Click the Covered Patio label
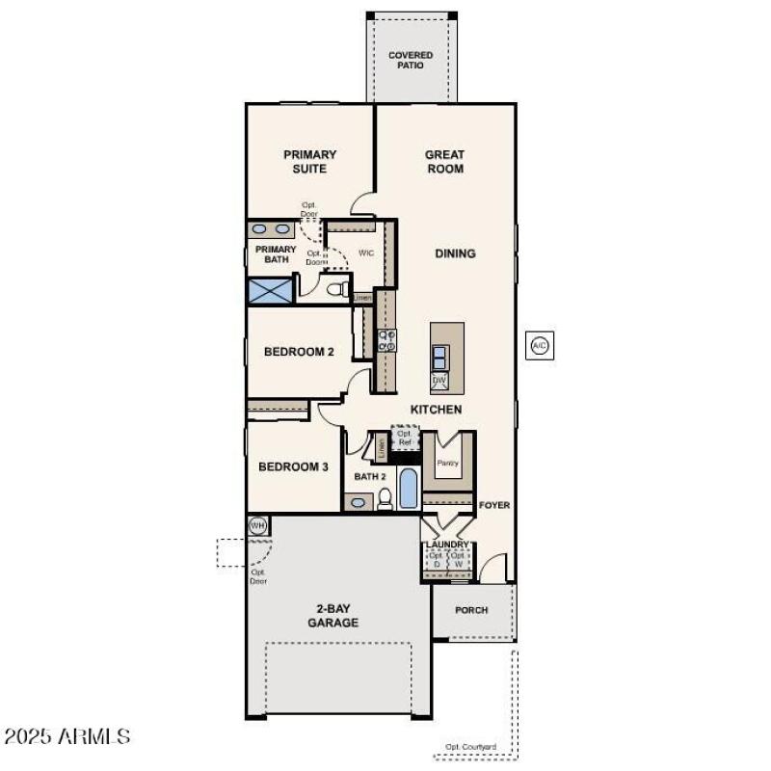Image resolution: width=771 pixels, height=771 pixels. tap(411, 61)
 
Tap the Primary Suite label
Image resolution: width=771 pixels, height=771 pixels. tap(309, 161)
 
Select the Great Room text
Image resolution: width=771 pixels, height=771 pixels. tap(444, 161)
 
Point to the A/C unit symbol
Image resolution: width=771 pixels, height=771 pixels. tap(540, 345)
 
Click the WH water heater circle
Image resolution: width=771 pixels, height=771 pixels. tap(257, 525)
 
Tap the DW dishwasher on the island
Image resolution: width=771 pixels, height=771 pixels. tap(439, 381)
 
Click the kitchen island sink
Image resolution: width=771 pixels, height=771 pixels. tap(439, 357)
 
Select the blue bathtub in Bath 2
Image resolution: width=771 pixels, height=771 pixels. tap(409, 489)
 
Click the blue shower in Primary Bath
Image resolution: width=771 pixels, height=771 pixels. tap(270, 290)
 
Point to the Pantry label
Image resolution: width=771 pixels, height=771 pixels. tap(448, 463)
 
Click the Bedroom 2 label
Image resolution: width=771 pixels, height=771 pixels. tap(299, 352)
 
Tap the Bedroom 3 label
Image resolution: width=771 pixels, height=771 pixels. tap(293, 466)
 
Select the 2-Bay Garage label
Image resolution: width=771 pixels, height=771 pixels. tap(333, 615)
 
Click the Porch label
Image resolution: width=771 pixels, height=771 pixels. tap(471, 610)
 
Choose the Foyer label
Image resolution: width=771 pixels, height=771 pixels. tap(495, 505)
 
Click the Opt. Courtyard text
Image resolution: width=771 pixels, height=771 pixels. tap(470, 747)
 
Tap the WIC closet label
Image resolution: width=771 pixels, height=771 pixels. tap(366, 253)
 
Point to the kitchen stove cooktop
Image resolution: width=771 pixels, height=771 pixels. tap(386, 340)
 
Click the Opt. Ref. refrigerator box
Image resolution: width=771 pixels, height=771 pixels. tap(405, 438)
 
